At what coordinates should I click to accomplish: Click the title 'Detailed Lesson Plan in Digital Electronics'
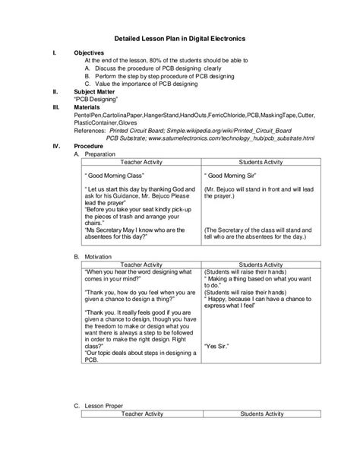[180, 38]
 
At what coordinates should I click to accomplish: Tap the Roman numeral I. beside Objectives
[52, 53]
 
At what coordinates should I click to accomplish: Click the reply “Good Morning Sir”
[235, 175]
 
